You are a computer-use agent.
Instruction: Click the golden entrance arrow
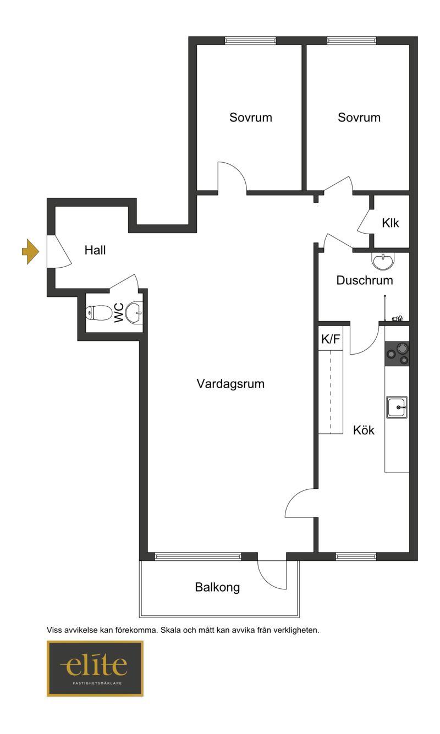(30, 252)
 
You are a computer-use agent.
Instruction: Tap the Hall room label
(95, 250)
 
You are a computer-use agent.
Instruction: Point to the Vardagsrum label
(230, 384)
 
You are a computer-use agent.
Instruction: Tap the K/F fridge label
(331, 339)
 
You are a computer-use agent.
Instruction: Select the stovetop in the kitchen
(397, 354)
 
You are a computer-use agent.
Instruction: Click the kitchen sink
(397, 407)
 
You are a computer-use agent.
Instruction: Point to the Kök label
(364, 430)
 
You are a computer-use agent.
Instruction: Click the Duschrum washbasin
(383, 261)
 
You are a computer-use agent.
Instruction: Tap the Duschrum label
(365, 280)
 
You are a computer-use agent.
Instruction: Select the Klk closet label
(390, 223)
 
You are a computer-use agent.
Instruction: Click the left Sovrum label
(251, 117)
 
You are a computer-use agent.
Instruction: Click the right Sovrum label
(359, 117)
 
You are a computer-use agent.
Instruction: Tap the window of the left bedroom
(250, 40)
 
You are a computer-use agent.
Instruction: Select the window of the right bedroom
(352, 40)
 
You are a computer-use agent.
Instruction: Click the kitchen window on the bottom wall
(356, 556)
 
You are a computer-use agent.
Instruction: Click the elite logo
(95, 669)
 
